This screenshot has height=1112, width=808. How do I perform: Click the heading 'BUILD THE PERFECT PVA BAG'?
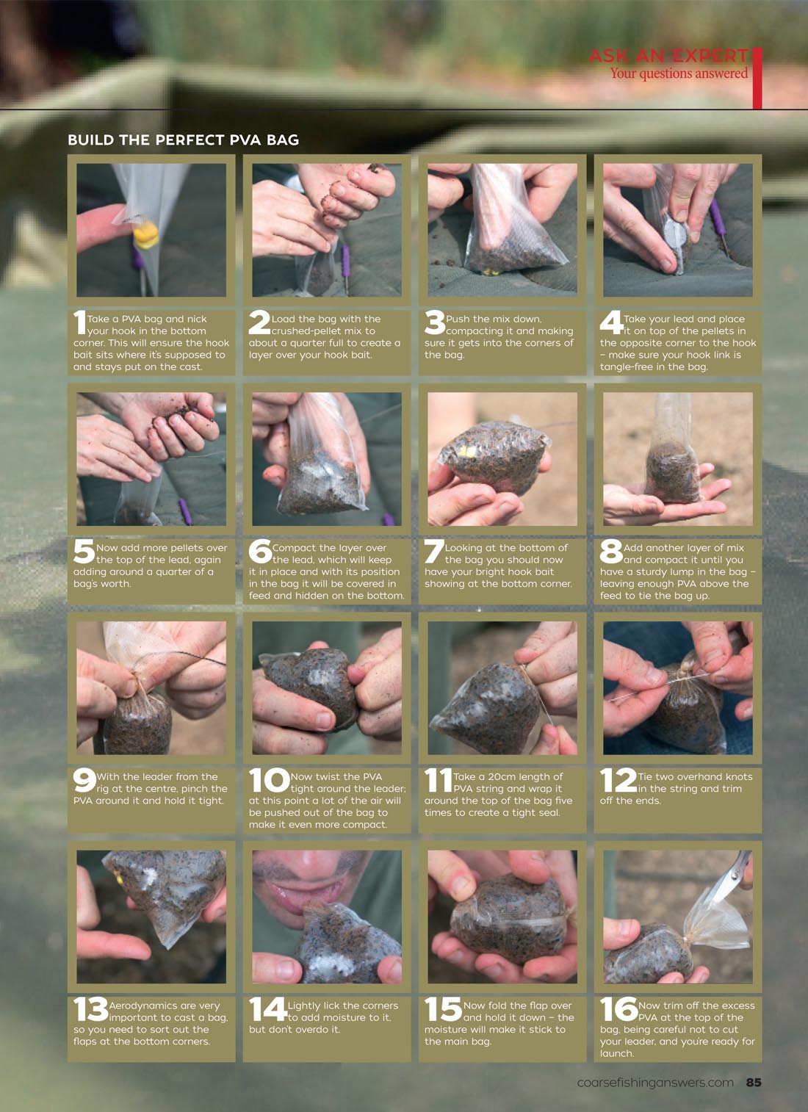coord(183,140)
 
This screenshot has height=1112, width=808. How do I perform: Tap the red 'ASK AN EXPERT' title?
coord(668,56)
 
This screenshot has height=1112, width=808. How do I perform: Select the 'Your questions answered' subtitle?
coord(679,73)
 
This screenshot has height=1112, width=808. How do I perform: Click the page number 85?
coord(754,1082)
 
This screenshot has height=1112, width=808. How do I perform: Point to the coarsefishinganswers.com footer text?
coord(655,1083)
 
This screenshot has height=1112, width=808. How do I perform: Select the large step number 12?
coord(618,780)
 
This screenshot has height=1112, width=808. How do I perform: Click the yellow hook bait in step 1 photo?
coord(146,234)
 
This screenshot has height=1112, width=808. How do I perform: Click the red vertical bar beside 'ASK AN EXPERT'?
coord(757,78)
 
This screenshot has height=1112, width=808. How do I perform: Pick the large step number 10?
coord(269,781)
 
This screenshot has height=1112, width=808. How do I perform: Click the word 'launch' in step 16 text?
coord(616,1053)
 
